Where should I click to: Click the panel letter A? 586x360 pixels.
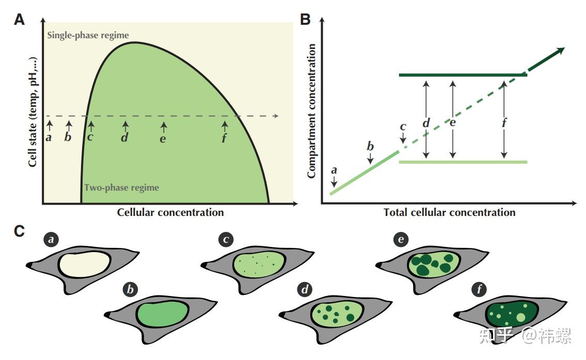[20, 19]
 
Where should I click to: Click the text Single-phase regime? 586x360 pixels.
[88, 35]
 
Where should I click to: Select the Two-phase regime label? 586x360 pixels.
[121, 187]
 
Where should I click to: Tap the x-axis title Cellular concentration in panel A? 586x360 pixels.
[170, 212]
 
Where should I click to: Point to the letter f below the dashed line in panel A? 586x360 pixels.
[224, 138]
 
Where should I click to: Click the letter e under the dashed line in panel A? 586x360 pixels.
[163, 139]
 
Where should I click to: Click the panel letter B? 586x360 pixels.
[305, 19]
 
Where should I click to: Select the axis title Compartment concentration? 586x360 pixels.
[311, 111]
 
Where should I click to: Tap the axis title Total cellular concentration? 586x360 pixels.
[449, 212]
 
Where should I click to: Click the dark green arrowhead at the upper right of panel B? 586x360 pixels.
[560, 51]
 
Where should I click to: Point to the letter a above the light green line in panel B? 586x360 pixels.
[334, 170]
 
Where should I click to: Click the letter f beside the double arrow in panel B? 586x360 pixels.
[504, 122]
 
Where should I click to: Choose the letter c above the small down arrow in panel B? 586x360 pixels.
[403, 127]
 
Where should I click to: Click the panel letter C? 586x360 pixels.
[20, 231]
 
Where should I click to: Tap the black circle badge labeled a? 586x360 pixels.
[51, 239]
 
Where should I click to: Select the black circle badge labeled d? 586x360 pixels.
[305, 289]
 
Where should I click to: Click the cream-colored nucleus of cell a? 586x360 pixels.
[85, 264]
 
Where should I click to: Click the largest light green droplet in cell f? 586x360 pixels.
[520, 318]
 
